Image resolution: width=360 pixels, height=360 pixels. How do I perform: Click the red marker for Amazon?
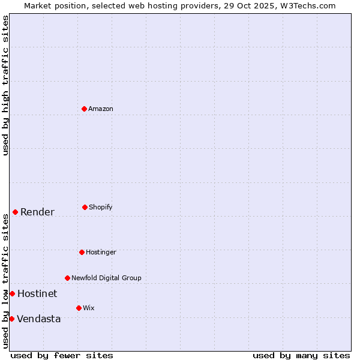84,109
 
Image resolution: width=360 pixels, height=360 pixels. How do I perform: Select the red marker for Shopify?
85,207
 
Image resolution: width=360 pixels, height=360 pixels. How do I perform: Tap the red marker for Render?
15,212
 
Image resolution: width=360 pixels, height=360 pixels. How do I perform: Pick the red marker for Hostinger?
82,252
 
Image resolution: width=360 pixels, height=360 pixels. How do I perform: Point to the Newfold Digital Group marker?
67,278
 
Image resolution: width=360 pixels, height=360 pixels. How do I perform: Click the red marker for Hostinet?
12,293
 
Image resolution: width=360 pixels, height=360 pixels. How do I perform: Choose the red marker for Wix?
79,308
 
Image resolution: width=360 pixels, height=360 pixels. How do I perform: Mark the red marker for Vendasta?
11,319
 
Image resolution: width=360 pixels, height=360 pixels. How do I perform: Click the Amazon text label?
101,109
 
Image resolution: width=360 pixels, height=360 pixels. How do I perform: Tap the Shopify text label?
101,207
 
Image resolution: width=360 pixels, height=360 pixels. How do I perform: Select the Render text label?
37,212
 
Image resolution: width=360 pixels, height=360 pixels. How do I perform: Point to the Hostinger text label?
101,252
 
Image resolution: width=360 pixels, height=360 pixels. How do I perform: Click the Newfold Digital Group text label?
106,278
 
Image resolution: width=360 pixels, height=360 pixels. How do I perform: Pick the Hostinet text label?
37,293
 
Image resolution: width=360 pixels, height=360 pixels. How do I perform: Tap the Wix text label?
89,308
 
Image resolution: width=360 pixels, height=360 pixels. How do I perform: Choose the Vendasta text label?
38,319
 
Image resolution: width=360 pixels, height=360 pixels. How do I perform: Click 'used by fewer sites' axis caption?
62,355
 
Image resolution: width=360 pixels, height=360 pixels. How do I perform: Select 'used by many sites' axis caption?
301,355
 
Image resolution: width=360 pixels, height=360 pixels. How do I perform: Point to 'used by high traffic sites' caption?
5,85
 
